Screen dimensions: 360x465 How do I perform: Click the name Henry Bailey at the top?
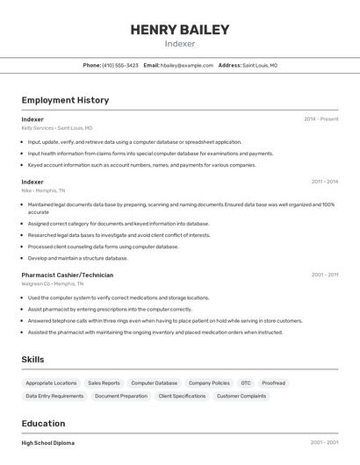point(179,30)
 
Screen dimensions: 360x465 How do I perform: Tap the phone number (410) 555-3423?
point(120,65)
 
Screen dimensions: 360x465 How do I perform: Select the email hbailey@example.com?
point(187,65)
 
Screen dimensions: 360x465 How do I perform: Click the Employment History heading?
point(65,100)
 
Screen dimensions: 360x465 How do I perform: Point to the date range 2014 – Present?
point(320,118)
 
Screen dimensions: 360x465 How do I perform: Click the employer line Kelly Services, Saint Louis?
point(57,127)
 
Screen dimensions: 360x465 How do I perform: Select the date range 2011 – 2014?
point(324,182)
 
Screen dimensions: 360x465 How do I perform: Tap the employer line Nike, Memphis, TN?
point(43,190)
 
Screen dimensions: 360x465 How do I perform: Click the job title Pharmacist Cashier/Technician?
point(68,275)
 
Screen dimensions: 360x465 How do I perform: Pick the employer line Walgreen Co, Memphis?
point(53,283)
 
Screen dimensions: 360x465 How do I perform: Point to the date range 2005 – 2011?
point(324,275)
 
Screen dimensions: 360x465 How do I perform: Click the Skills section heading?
point(32,360)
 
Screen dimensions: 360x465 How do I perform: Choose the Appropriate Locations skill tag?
point(51,383)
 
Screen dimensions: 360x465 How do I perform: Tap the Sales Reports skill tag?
point(104,383)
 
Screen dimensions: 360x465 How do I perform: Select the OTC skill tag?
point(246,383)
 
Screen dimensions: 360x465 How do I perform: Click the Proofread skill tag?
point(273,383)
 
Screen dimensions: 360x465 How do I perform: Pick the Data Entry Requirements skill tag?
point(54,397)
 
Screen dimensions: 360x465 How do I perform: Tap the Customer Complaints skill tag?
point(241,397)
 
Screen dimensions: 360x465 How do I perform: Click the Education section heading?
point(43,424)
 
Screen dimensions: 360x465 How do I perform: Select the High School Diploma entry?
point(48,443)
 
